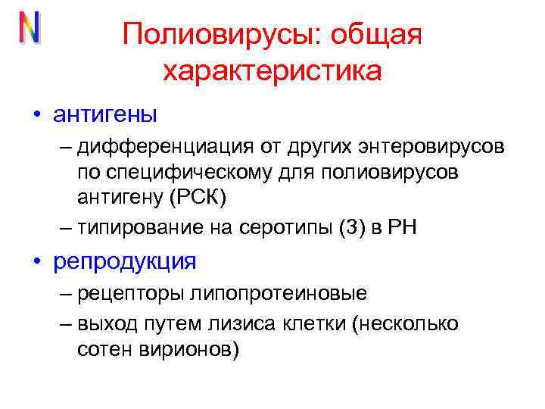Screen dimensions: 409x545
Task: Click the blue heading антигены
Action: pos(105,115)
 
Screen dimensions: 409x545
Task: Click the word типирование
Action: pos(128,226)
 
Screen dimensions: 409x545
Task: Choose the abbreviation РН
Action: pos(400,226)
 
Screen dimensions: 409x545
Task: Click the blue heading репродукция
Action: pos(125,262)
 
